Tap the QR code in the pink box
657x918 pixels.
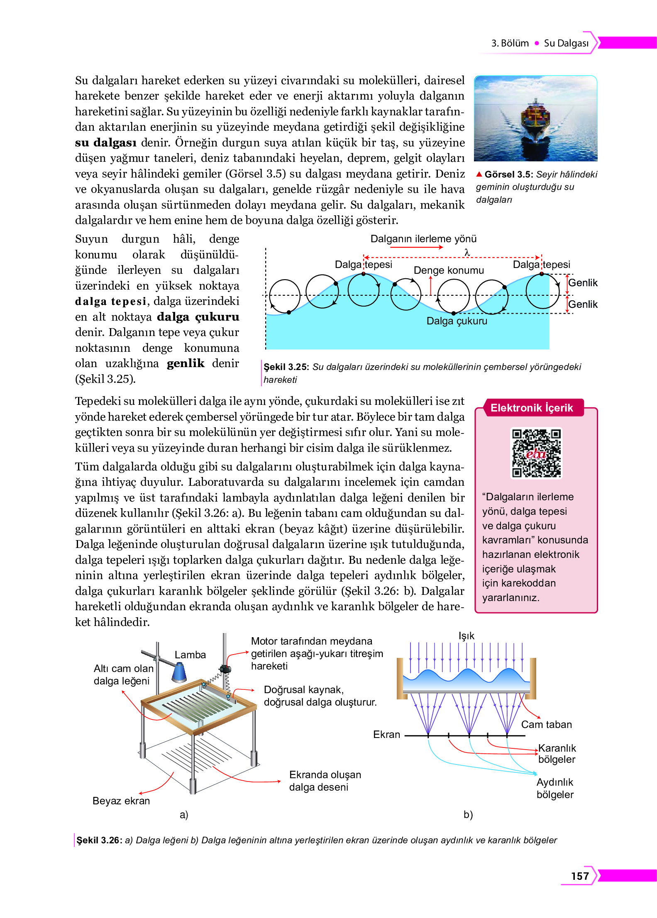(x=536, y=453)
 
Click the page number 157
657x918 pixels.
(x=580, y=876)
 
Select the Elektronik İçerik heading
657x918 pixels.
(x=531, y=408)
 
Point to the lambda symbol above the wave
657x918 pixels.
(x=467, y=252)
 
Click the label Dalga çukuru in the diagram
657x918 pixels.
(x=457, y=321)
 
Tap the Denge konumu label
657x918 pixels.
(x=449, y=270)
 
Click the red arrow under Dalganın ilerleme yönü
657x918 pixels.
(x=416, y=247)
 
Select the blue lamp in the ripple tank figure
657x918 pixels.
(x=179, y=672)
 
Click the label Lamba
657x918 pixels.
(x=190, y=655)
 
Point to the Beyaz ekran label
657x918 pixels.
(x=121, y=801)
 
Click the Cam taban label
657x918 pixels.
(x=546, y=724)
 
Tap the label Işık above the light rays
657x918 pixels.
(x=466, y=636)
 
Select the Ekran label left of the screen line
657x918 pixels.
(x=386, y=734)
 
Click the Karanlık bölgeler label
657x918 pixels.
(x=557, y=753)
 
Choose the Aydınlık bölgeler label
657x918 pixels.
(x=555, y=788)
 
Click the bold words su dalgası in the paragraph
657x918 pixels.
(x=105, y=143)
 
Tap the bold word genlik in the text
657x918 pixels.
(x=186, y=363)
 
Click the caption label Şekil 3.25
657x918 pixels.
(x=286, y=367)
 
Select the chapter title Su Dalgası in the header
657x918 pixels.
(x=566, y=43)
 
